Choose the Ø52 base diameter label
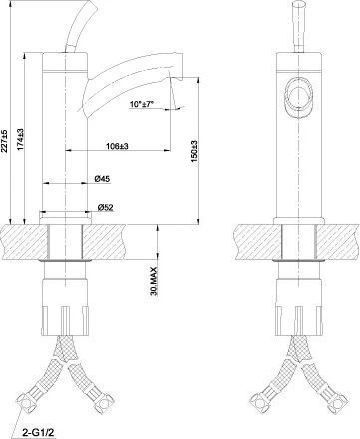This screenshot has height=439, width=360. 105,208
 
